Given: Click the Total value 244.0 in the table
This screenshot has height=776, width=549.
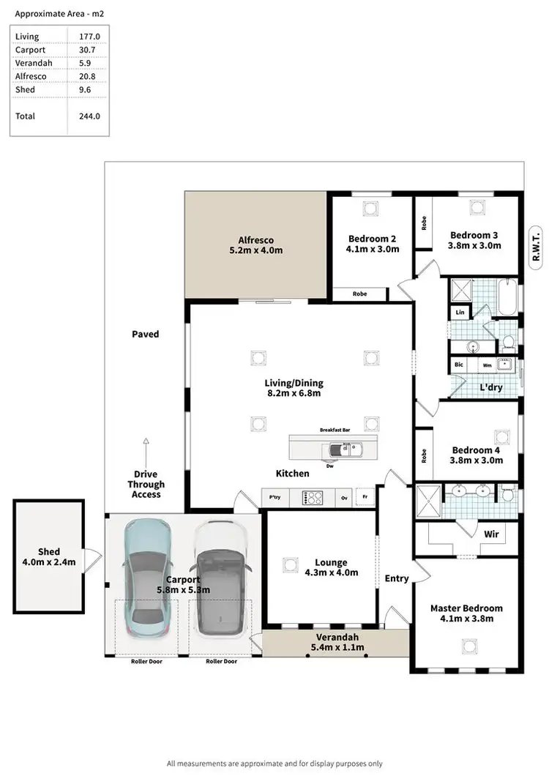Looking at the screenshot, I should (89, 116).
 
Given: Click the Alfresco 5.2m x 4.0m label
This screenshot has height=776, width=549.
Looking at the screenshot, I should (255, 245).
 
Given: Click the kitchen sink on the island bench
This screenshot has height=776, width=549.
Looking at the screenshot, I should (353, 447).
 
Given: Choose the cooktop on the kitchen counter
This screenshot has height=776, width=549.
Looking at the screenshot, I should (313, 498).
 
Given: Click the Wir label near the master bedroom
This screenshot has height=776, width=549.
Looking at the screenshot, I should (492, 534).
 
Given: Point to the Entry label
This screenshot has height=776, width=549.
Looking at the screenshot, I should (397, 578).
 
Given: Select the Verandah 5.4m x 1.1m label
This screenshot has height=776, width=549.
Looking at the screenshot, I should (335, 642).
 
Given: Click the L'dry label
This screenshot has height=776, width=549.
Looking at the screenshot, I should (490, 387).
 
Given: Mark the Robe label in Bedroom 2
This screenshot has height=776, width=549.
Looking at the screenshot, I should (359, 294).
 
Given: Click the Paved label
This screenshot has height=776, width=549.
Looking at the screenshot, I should (145, 334).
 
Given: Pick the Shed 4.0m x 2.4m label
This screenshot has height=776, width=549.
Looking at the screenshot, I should (49, 557).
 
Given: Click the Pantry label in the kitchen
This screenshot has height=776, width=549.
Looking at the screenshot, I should (275, 498).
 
